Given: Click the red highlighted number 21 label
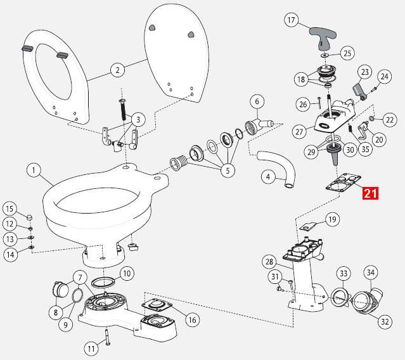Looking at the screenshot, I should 370,193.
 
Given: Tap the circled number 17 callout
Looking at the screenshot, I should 292,20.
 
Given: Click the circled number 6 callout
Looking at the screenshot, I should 256,101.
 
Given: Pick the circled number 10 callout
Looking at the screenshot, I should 127,274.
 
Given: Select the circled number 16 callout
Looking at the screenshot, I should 191,320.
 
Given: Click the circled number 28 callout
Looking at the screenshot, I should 268,261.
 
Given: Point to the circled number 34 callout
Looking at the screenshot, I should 370,272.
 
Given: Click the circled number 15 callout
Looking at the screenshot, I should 10,209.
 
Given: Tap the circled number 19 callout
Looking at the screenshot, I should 332,220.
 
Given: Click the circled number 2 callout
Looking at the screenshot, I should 116,70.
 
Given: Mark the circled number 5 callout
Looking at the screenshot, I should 227,170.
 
